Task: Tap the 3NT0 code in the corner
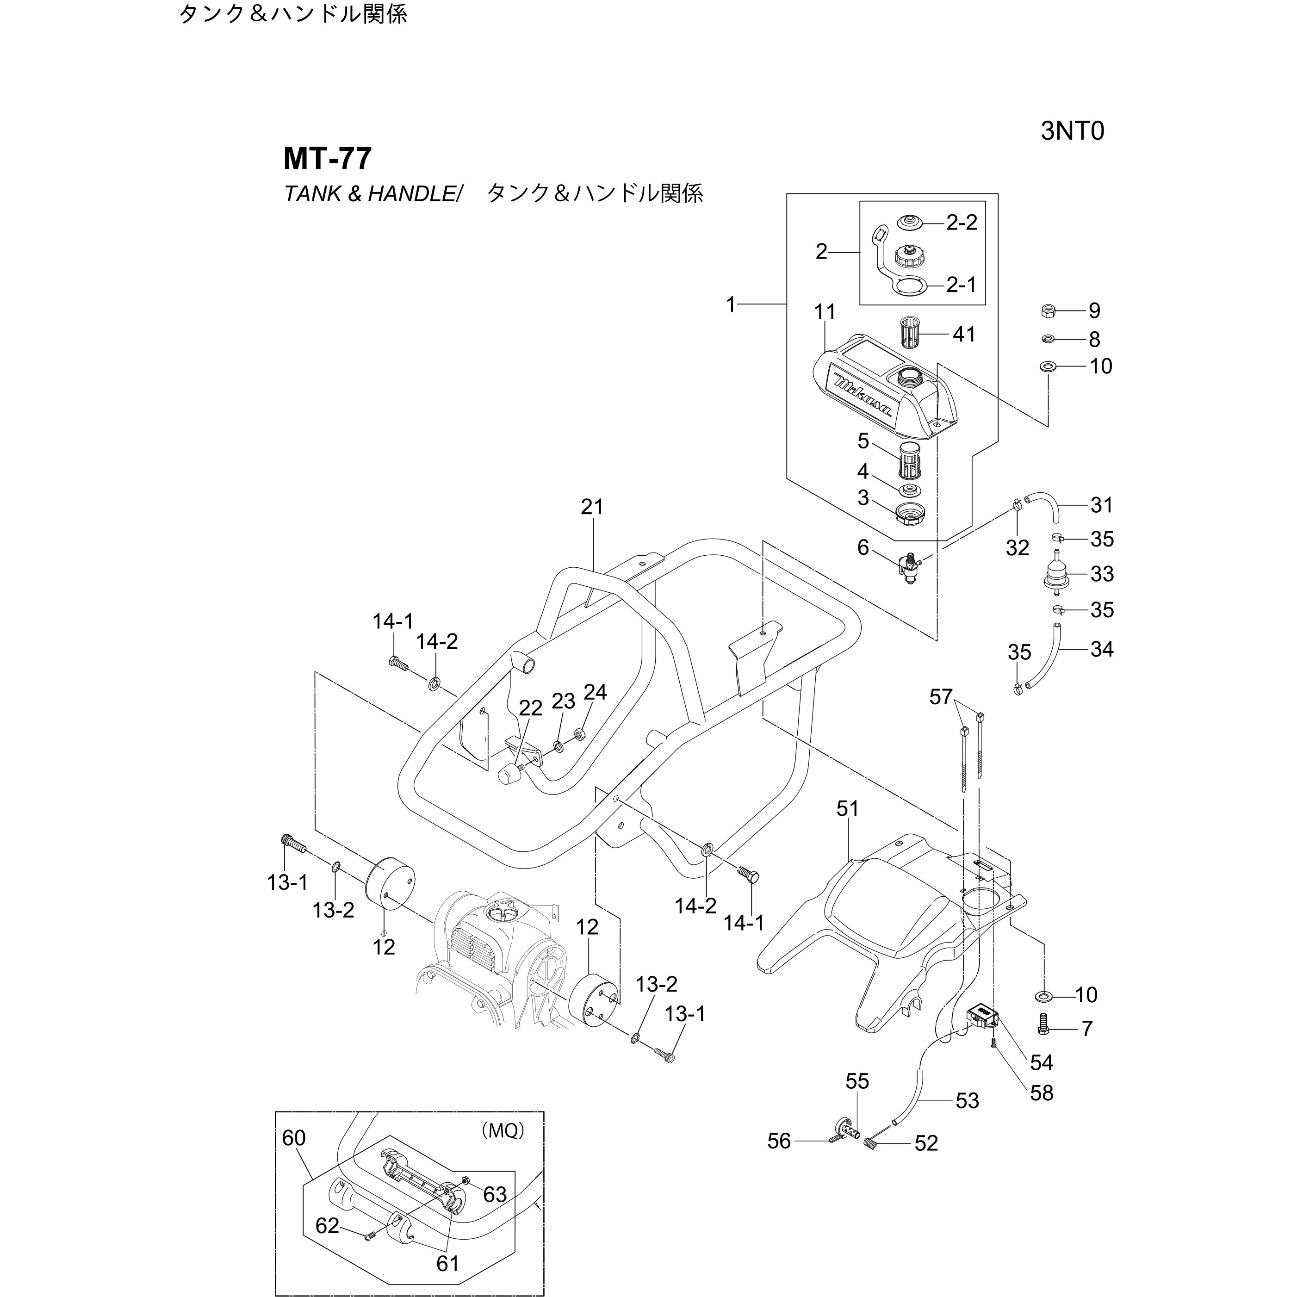click(x=1072, y=131)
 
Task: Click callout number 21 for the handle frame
click(x=592, y=507)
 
